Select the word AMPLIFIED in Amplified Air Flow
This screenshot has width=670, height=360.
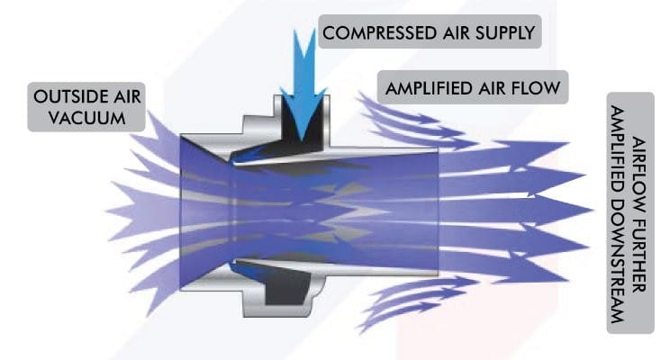tap(428, 88)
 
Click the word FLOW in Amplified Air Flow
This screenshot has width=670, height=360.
tap(536, 88)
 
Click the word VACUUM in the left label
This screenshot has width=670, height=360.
tap(87, 118)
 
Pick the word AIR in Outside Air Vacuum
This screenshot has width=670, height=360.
tap(127, 96)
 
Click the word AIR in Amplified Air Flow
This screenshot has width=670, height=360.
tap(492, 88)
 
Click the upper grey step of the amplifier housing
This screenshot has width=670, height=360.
tap(258, 125)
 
